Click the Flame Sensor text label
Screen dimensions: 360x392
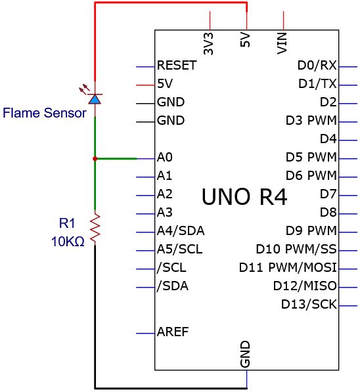click(x=45, y=113)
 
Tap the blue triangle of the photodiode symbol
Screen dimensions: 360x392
click(x=95, y=100)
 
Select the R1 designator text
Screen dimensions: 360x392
click(x=67, y=223)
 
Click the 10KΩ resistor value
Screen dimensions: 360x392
click(x=68, y=242)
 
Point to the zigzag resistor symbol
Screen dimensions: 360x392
click(x=95, y=228)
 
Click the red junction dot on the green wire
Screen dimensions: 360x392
click(x=95, y=159)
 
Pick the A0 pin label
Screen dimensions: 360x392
click(x=165, y=157)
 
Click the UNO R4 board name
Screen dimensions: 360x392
click(x=244, y=197)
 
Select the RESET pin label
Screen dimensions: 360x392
click(x=177, y=66)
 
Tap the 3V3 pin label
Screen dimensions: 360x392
click(x=208, y=44)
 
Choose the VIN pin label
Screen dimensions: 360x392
click(x=282, y=43)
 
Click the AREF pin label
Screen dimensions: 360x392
click(x=173, y=332)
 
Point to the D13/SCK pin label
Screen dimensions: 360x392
click(x=309, y=304)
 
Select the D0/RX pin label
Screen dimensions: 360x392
click(x=317, y=66)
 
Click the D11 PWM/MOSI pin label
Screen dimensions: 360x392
click(x=288, y=267)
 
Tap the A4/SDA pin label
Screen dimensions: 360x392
click(x=181, y=230)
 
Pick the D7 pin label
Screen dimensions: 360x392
click(x=328, y=194)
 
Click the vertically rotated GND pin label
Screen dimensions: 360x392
click(x=245, y=355)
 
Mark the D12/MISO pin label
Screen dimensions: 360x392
click(x=305, y=286)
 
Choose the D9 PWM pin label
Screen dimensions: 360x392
click(x=311, y=230)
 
